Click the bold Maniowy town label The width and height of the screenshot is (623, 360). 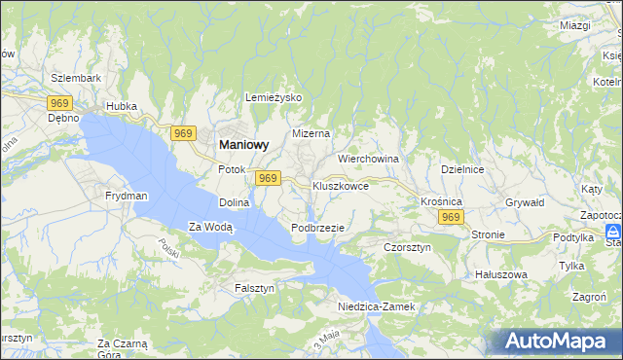[238, 144]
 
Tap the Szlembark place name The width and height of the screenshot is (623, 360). [76, 77]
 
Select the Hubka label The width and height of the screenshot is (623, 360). [122, 106]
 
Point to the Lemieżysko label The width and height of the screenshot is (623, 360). [275, 98]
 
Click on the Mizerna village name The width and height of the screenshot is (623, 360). [311, 133]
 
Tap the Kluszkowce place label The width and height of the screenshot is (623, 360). [340, 185]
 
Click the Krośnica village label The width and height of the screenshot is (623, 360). [441, 200]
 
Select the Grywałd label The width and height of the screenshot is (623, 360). [525, 203]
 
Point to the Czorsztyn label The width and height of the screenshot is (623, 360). [407, 248]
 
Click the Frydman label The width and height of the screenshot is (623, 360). [127, 196]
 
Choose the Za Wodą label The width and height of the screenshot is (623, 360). [210, 228]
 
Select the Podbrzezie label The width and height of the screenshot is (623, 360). [317, 228]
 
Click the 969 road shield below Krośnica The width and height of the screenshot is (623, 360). [450, 218]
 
